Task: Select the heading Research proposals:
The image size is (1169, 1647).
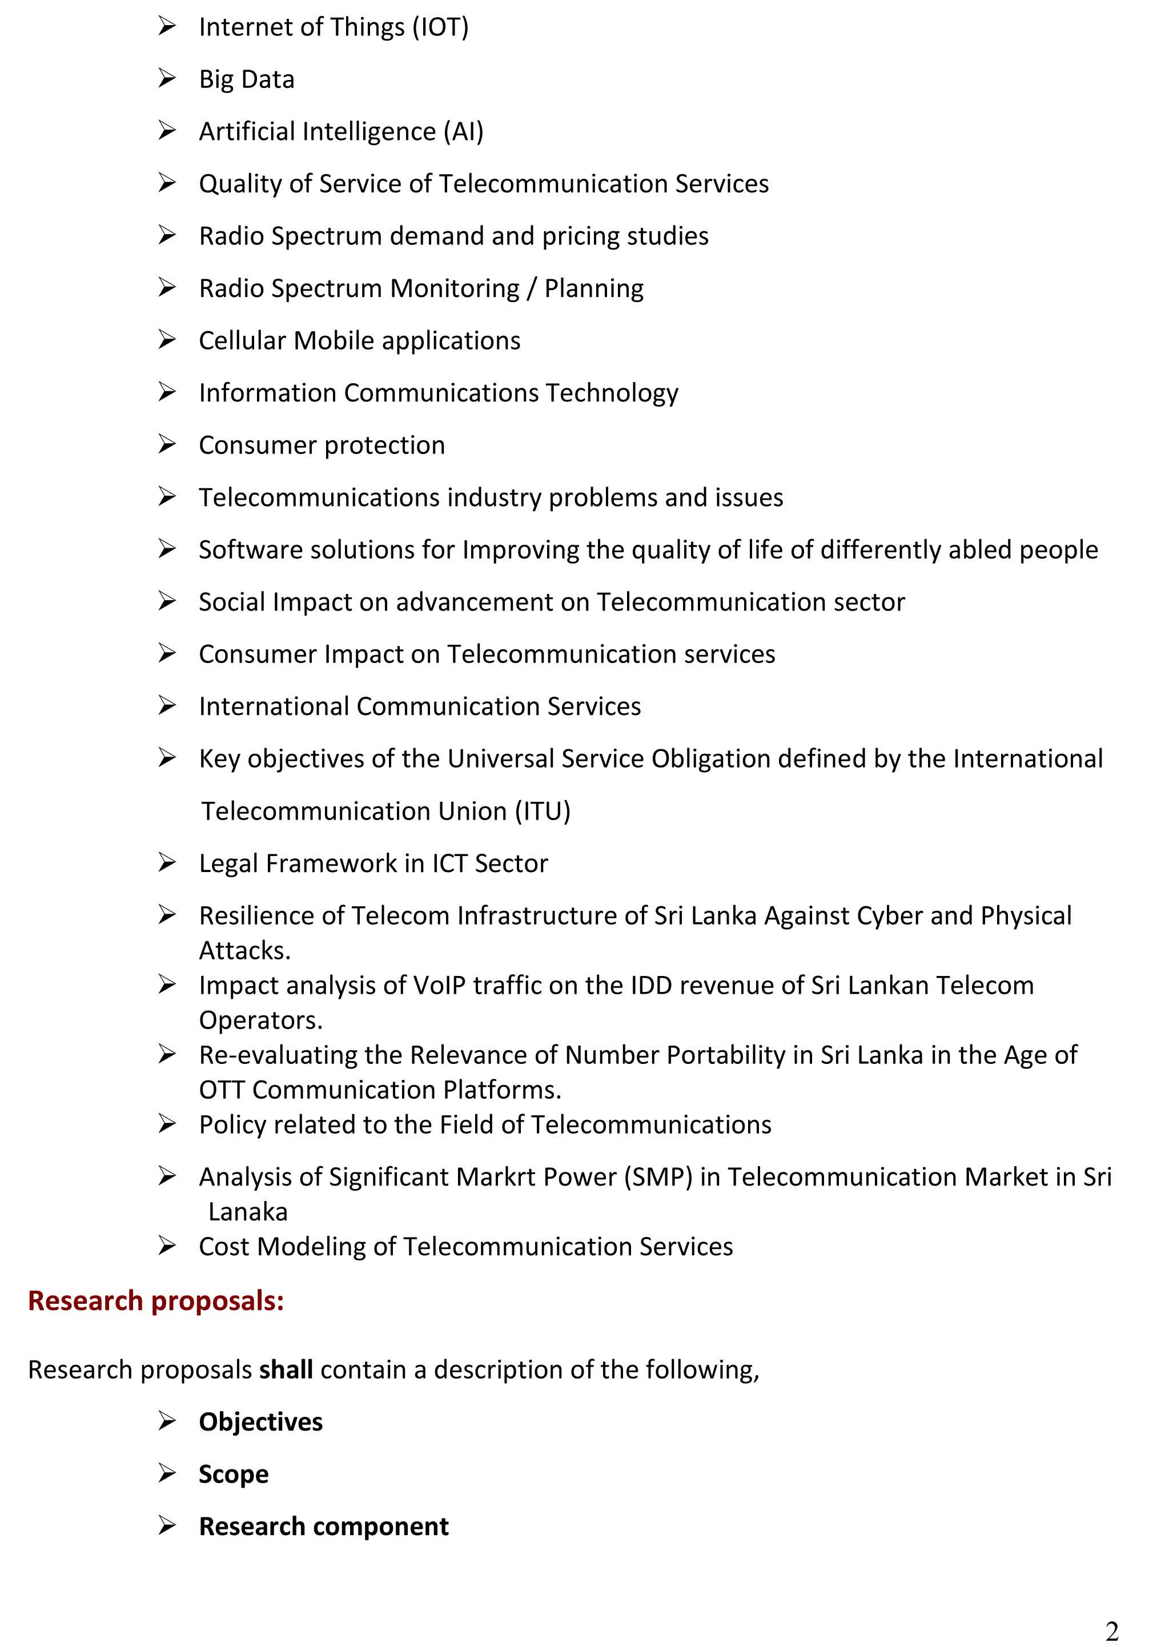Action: (155, 1301)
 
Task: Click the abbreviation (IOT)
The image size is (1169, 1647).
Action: (440, 27)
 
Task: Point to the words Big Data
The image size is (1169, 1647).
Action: (246, 79)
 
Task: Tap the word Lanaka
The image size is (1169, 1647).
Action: (248, 1212)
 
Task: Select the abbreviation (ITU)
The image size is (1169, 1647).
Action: (542, 812)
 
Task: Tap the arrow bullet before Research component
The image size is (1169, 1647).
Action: (167, 1525)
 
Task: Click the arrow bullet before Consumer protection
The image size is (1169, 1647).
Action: (167, 444)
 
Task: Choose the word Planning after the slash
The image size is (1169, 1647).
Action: (594, 288)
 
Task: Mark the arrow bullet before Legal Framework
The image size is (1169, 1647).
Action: (167, 862)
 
